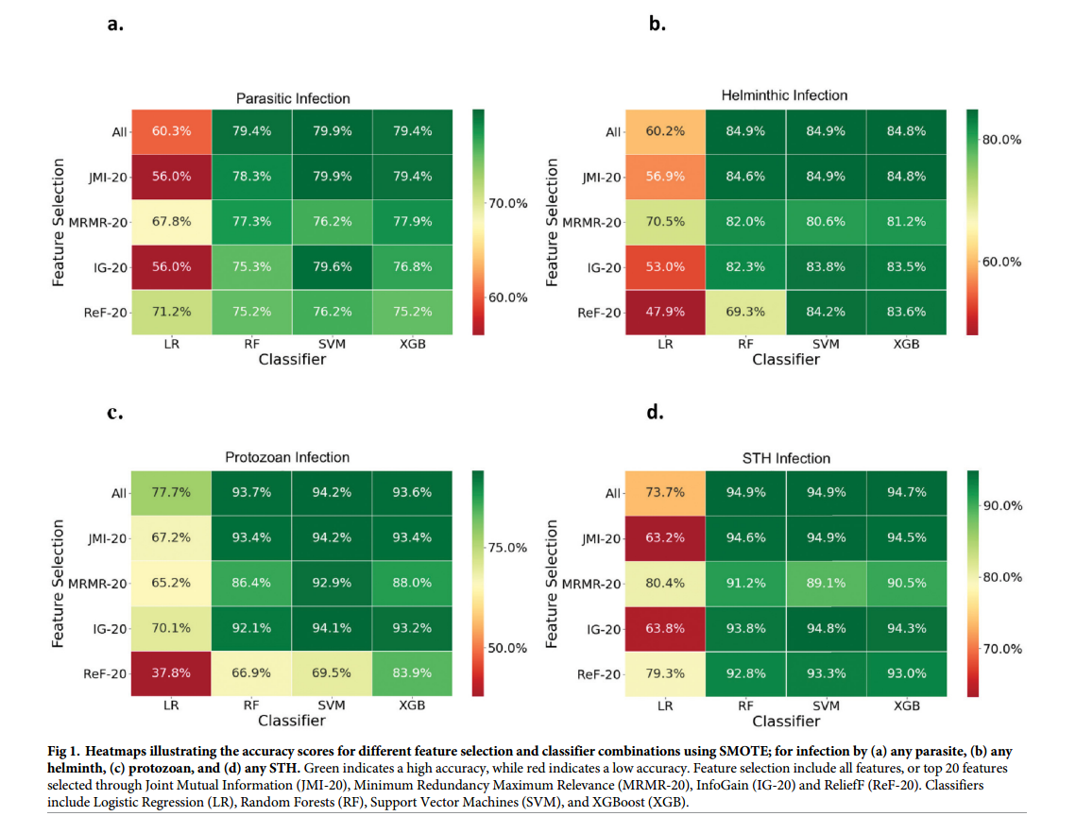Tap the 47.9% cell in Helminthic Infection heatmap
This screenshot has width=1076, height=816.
665,312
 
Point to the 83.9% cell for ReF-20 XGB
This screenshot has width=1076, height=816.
413,673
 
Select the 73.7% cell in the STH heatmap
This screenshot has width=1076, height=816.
665,492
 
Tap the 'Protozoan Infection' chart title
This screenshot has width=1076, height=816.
287,457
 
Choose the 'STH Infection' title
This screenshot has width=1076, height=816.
786,458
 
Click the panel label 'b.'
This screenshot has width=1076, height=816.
658,25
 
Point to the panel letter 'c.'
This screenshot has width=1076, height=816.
114,413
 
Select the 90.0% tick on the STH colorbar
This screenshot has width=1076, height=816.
1002,505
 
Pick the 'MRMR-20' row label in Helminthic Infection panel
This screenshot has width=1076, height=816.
592,223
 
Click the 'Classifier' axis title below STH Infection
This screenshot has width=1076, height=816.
786,721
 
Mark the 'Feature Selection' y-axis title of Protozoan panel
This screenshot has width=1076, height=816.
60,583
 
